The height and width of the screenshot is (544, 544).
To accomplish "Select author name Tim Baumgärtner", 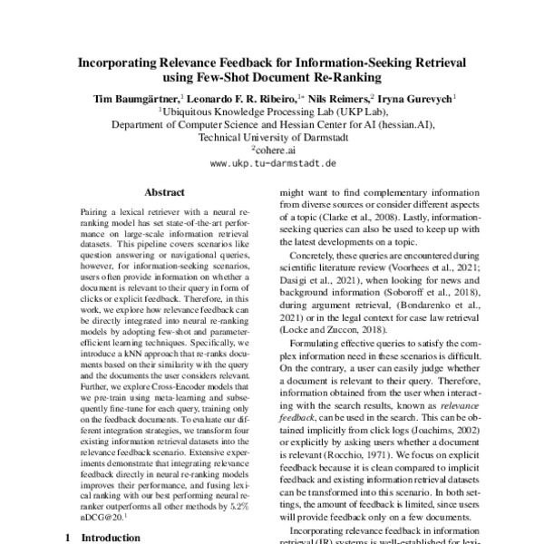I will click(x=133, y=97).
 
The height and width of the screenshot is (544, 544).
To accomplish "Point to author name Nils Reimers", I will click(x=335, y=97).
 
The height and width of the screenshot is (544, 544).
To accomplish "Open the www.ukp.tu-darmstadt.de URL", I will click(x=273, y=164).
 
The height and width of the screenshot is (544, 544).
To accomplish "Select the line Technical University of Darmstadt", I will click(x=273, y=137).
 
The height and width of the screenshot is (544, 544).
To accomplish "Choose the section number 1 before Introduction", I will click(x=69, y=536).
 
